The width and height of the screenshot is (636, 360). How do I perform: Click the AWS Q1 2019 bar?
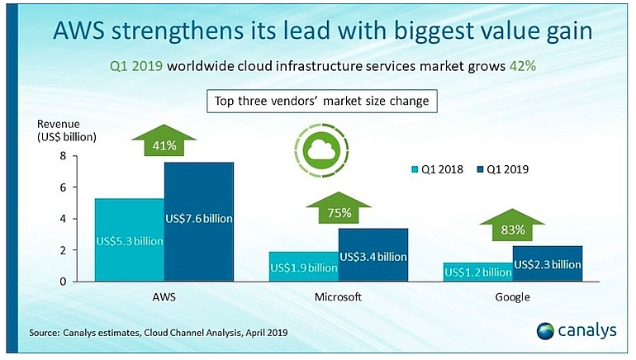pyautogui.click(x=199, y=220)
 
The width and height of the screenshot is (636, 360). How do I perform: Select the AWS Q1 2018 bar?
pyautogui.click(x=130, y=239)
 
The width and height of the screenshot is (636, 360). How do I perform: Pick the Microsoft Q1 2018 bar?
pyautogui.click(x=304, y=266)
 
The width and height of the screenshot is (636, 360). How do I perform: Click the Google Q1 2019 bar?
pyautogui.click(x=547, y=263)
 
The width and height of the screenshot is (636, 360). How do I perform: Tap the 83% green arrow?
pyautogui.click(x=513, y=227)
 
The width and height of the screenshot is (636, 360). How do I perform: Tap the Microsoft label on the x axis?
pyautogui.click(x=338, y=296)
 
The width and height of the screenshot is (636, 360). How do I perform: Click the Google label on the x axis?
pyautogui.click(x=512, y=296)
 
